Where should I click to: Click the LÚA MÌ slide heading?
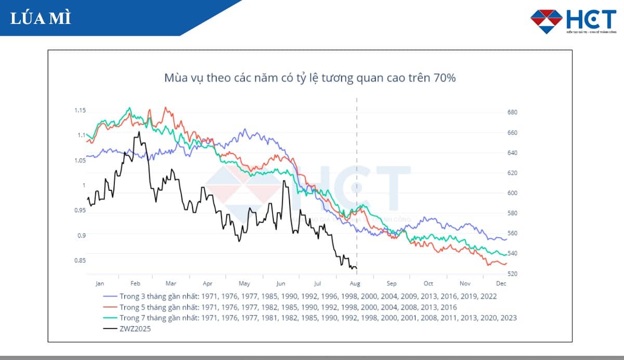click(x=40, y=18)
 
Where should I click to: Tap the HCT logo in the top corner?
click(x=573, y=21)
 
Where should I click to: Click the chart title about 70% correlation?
click(x=310, y=79)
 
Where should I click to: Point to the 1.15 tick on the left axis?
click(x=80, y=110)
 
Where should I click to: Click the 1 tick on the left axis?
click(x=83, y=185)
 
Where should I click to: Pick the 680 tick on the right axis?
click(x=512, y=112)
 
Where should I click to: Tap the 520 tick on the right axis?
click(x=512, y=274)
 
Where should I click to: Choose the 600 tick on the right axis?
click(x=512, y=193)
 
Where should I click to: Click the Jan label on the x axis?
click(x=100, y=284)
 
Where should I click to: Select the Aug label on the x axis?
click(x=355, y=284)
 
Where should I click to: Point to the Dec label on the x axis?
click(x=501, y=284)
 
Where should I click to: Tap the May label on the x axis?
click(x=244, y=284)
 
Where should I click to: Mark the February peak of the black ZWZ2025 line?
click(x=139, y=132)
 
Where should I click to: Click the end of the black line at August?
click(x=356, y=268)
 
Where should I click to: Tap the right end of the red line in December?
click(x=506, y=264)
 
